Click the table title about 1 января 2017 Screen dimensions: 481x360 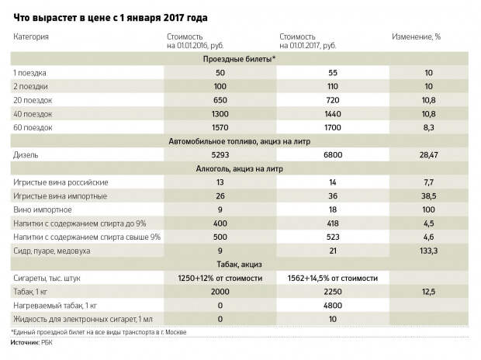click(x=110, y=18)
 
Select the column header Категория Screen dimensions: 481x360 click(x=31, y=36)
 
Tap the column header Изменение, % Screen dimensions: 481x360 click(x=417, y=36)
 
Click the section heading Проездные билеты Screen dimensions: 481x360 click(x=239, y=59)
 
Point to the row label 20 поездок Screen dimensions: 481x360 click(x=33, y=100)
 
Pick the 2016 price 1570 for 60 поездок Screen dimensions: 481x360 click(x=220, y=128)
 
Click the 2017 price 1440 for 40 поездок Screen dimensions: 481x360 click(x=333, y=114)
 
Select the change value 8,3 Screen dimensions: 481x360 click(x=428, y=128)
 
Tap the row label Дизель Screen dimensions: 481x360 click(x=26, y=155)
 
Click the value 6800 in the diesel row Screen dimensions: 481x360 click(x=333, y=155)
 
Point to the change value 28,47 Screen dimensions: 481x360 click(x=428, y=155)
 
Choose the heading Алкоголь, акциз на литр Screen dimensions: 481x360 click(x=239, y=169)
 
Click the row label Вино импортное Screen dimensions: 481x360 click(x=43, y=210)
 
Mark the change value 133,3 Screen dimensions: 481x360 click(x=428, y=251)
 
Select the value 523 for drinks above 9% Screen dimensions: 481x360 click(x=333, y=237)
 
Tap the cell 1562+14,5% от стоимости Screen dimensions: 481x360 click(x=333, y=279)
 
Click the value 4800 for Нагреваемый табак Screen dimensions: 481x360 click(x=333, y=306)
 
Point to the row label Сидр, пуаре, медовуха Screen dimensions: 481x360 click(x=51, y=251)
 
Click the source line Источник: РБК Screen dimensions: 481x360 click(x=31, y=343)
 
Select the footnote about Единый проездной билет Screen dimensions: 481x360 click(x=99, y=332)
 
